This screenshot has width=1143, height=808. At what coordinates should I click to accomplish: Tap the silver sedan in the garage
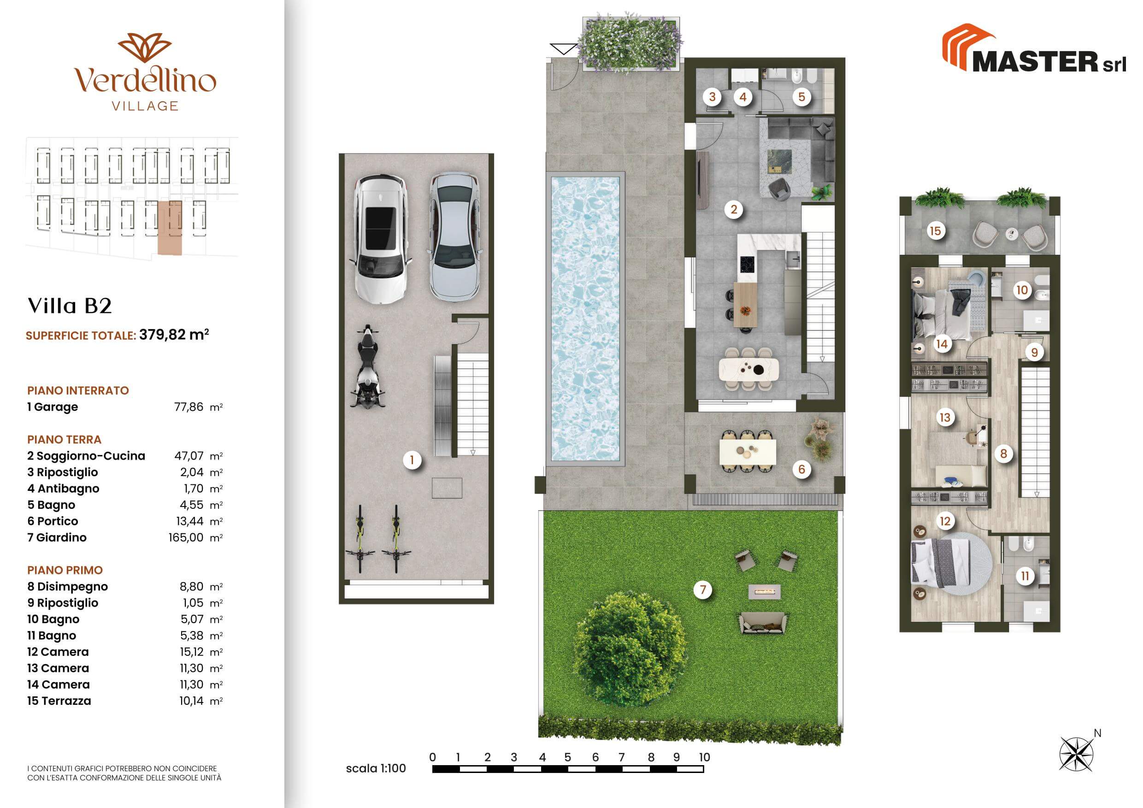pyautogui.click(x=454, y=236)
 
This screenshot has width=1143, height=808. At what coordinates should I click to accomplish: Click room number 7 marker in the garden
pyautogui.click(x=703, y=590)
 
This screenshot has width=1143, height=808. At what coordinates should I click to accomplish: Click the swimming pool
pyautogui.click(x=585, y=319)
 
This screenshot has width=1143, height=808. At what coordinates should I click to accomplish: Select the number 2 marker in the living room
pyautogui.click(x=734, y=209)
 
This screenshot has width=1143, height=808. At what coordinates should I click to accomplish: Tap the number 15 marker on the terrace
pyautogui.click(x=936, y=230)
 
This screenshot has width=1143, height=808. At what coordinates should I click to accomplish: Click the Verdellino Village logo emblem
pyautogui.click(x=145, y=49)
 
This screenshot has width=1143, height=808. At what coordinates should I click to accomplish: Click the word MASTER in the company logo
pyautogui.click(x=1035, y=62)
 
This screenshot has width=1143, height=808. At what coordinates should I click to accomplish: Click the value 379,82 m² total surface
pyautogui.click(x=174, y=335)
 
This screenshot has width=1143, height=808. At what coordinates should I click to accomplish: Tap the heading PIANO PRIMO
pyautogui.click(x=65, y=570)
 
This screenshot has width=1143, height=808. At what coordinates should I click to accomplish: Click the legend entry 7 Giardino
pyautogui.click(x=57, y=538)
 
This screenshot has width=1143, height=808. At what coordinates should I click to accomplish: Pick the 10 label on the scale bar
pyautogui.click(x=704, y=757)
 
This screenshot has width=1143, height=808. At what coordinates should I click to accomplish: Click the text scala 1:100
pyautogui.click(x=376, y=768)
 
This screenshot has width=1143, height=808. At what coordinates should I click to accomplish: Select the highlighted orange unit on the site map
pyautogui.click(x=170, y=228)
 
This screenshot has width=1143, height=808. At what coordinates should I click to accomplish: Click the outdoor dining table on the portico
pyautogui.click(x=747, y=452)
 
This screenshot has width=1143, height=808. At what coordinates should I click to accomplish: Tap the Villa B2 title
pyautogui.click(x=70, y=306)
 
